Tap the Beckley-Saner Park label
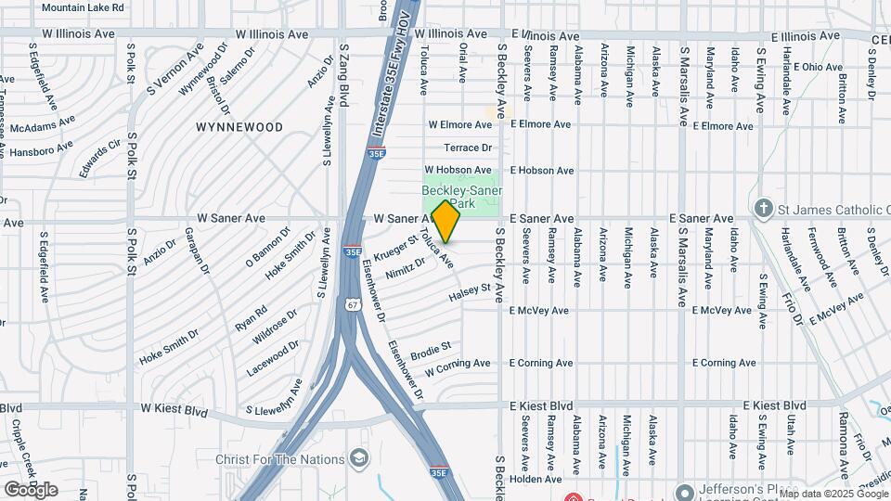pyautogui.click(x=462, y=197)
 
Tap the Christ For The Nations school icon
pyautogui.click(x=357, y=459)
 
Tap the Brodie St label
pyautogui.click(x=431, y=350)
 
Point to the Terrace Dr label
pyautogui.click(x=467, y=148)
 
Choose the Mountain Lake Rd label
pyautogui.click(x=84, y=7)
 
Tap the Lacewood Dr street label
pyautogui.click(x=273, y=358)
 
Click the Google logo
pyautogui.click(x=31, y=489)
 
